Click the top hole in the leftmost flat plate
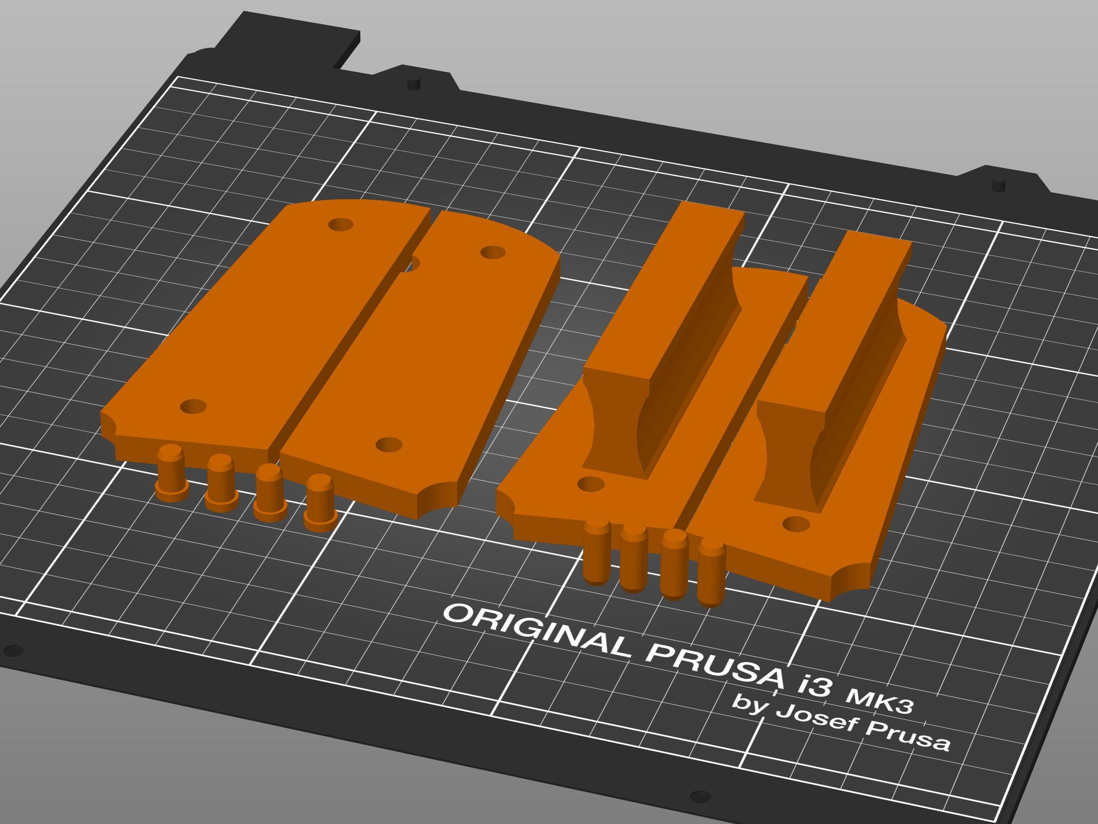(341, 225)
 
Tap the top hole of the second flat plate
(493, 252)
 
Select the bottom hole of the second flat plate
(389, 444)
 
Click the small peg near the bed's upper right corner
(998, 185)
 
